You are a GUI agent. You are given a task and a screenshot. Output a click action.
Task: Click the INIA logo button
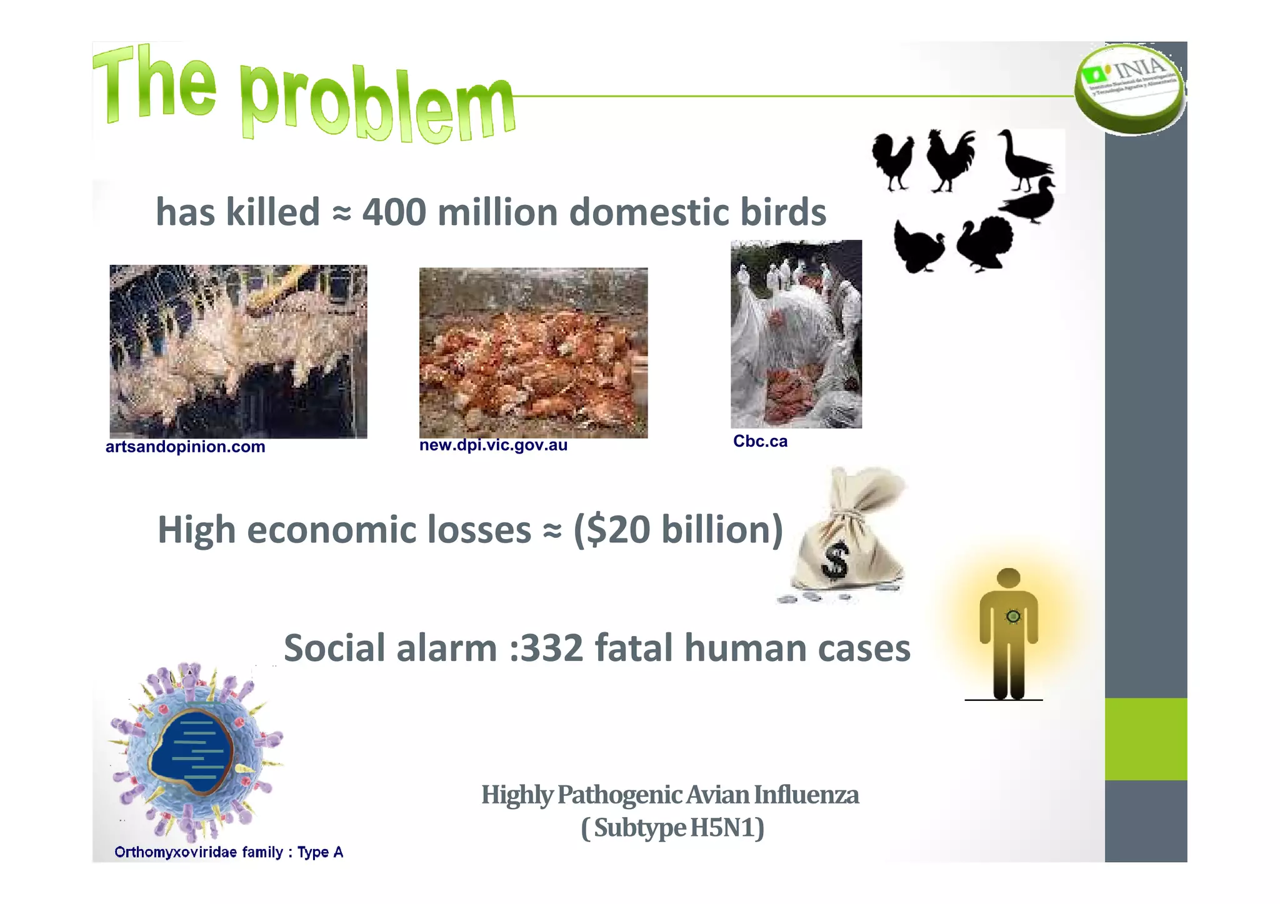(1129, 87)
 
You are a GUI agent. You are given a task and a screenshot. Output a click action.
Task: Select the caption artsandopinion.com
(185, 447)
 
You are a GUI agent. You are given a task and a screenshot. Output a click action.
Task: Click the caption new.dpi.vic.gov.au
(493, 445)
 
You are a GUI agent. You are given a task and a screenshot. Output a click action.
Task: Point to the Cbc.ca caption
(760, 441)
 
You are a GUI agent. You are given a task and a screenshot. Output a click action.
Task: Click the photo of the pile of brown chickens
(533, 353)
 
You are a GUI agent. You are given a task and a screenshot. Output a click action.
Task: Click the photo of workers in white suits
(796, 334)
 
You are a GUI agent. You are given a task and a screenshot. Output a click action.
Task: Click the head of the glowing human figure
(1008, 577)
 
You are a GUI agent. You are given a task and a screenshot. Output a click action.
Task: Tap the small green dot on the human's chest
(1013, 617)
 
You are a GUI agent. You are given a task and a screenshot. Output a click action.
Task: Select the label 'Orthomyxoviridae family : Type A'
(229, 852)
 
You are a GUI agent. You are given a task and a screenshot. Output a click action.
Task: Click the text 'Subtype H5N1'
(672, 828)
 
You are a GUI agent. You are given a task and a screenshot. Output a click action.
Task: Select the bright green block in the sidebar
(1145, 738)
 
